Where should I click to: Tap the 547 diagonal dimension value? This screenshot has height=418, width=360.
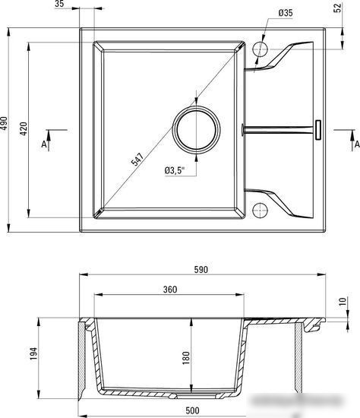(x=137, y=160)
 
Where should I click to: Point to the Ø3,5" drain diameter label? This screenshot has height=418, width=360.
(x=175, y=170)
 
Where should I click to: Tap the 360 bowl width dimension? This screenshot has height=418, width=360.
(x=169, y=290)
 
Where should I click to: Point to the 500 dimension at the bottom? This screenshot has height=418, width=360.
(x=191, y=411)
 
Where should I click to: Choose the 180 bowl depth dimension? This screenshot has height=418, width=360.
(x=197, y=357)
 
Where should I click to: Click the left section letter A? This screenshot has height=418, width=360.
(x=44, y=142)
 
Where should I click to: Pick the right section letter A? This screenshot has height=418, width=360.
(x=355, y=142)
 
